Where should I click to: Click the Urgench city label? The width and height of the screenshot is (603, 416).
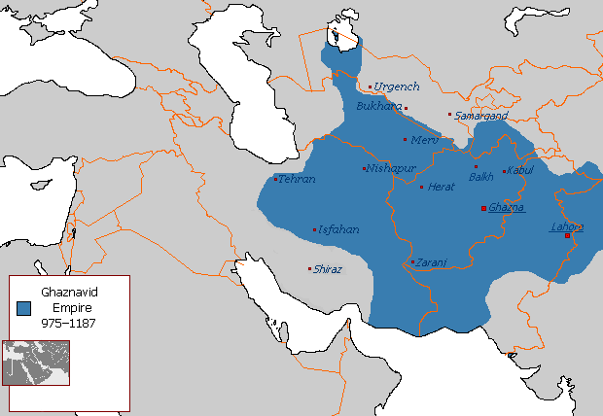[x=397, y=87]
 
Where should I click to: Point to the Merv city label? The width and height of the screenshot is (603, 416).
[x=425, y=140]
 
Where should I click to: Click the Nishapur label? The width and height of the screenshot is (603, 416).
[x=392, y=168]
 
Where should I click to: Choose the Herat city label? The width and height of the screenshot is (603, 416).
[x=442, y=186]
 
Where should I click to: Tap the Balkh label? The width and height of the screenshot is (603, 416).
[x=481, y=177]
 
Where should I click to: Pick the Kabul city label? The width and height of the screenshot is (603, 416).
[x=521, y=171]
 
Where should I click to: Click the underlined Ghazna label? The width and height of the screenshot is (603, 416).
[x=507, y=208]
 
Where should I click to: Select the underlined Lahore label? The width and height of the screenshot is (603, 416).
[x=567, y=226]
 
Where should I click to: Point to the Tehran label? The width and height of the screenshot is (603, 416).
[x=298, y=179]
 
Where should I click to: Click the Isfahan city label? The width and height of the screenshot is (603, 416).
[x=338, y=230]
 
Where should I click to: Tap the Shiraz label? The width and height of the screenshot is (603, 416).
[x=328, y=269]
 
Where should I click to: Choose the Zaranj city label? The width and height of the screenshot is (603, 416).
[x=429, y=262]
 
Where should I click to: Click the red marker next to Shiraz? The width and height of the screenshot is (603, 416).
[x=310, y=269]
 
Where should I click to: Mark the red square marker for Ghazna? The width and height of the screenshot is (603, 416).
[x=483, y=208]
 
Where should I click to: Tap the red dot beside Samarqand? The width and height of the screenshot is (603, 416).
[x=449, y=115]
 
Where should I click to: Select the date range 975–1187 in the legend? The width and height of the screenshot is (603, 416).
[x=68, y=322]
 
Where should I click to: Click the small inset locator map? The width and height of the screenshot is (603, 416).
[x=35, y=362]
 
